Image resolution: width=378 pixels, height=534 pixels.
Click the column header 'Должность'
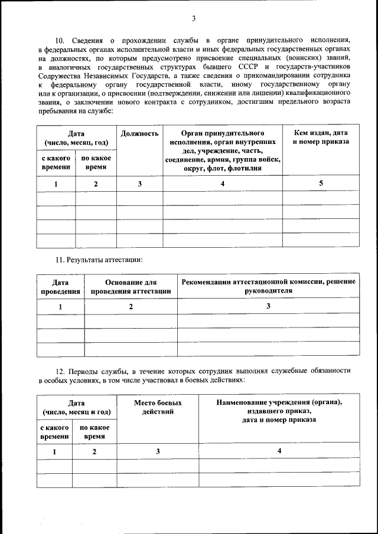(139, 133)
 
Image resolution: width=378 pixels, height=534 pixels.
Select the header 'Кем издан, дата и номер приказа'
(321, 137)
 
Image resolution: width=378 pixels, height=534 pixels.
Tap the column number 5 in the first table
(321, 184)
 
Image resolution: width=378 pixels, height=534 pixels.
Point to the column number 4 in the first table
(223, 184)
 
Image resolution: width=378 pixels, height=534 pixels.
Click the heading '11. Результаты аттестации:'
(99, 260)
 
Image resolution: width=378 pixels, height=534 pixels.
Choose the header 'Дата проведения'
(60, 287)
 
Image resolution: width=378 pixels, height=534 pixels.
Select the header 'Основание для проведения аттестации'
(131, 287)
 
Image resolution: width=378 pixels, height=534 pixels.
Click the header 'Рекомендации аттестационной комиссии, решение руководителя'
(268, 286)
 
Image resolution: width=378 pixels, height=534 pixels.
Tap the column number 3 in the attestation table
(268, 306)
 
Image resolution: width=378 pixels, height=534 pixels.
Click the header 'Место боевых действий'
(158, 407)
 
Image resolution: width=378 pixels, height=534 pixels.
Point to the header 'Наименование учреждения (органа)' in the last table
(279, 402)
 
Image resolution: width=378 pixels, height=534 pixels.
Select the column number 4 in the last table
(279, 451)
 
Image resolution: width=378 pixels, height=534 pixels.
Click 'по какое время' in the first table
(96, 162)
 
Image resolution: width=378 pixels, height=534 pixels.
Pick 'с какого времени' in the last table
(54, 432)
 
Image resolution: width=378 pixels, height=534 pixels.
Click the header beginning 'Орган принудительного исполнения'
(223, 150)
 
